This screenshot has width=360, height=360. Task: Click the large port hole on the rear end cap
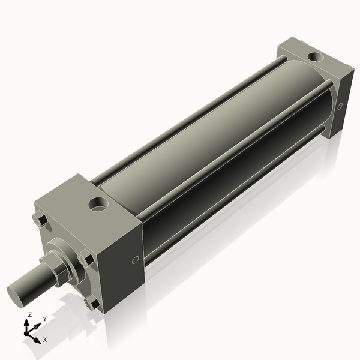pos(313,58)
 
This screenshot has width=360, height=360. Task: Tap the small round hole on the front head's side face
pos(135,260)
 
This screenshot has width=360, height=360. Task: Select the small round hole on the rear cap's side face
pos(340,106)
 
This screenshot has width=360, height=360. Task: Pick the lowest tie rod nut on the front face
pos(92,304)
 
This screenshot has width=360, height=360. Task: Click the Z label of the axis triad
pos(30,315)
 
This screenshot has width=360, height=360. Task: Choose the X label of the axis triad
pos(45,340)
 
